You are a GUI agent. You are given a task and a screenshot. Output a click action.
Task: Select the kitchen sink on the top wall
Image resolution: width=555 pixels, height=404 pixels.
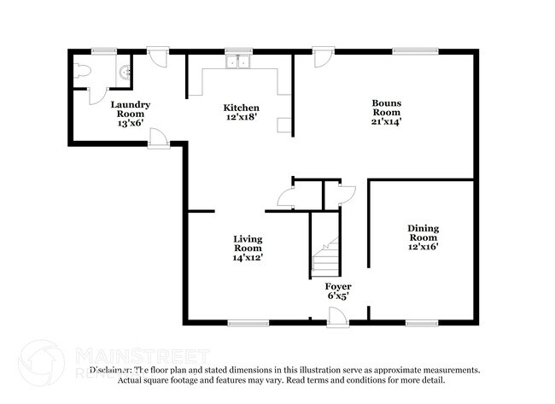(237, 61)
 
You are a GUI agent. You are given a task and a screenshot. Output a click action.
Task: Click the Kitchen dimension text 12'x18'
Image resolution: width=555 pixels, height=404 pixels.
(242, 118)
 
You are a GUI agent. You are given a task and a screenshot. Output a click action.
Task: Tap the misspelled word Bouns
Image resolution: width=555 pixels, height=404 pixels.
(386, 102)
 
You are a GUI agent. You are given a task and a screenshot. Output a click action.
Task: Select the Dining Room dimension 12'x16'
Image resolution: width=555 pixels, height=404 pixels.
(423, 247)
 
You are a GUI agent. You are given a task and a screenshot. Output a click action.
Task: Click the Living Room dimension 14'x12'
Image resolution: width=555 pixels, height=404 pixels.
(248, 256)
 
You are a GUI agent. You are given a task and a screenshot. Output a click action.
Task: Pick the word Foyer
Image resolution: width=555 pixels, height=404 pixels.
(338, 286)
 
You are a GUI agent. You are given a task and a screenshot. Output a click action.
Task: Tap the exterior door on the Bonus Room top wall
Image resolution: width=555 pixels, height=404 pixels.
(322, 57)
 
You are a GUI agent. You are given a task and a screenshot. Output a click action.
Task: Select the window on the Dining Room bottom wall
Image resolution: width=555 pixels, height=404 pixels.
(422, 323)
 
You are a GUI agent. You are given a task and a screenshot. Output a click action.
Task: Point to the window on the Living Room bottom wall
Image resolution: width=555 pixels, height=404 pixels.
(248, 323)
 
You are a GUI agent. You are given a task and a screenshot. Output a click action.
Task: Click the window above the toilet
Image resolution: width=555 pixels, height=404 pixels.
(104, 51)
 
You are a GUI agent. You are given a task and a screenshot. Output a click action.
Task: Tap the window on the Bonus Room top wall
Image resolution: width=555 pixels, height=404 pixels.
(416, 51)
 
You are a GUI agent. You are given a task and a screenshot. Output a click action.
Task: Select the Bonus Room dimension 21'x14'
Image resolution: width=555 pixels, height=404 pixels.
(386, 122)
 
